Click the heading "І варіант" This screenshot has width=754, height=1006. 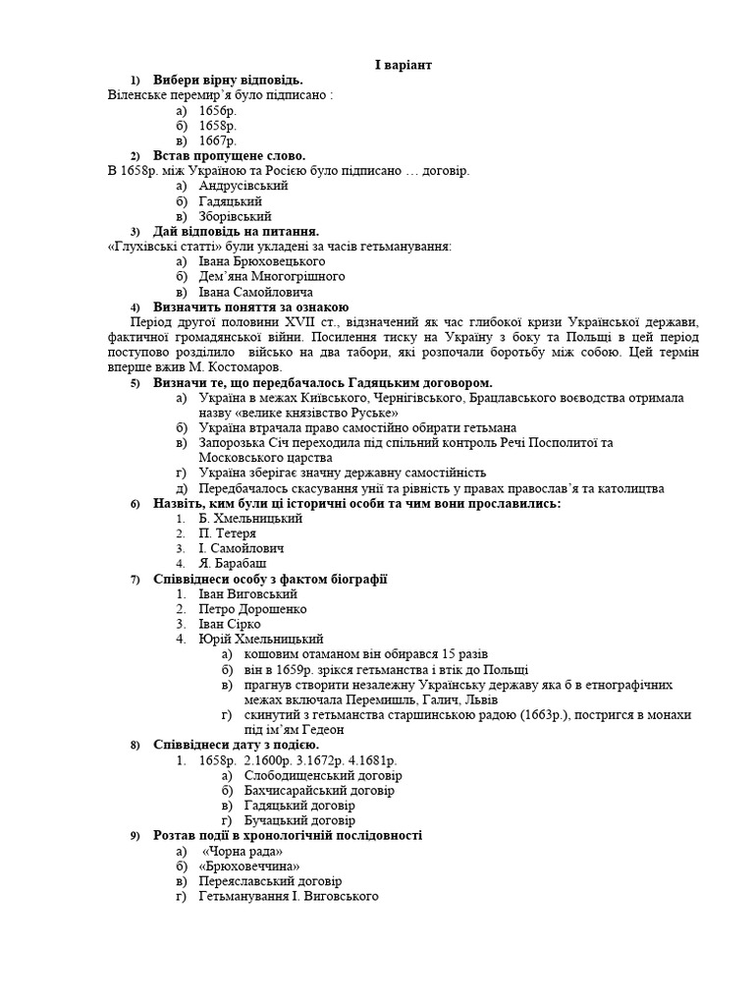[x=403, y=65]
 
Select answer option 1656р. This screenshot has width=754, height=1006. [x=217, y=110]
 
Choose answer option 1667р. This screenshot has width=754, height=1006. [x=217, y=140]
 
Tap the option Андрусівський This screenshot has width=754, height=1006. [x=242, y=186]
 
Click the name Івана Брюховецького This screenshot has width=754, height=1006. [x=261, y=261]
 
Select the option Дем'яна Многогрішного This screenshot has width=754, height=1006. [x=272, y=277]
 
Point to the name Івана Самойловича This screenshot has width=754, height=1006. [x=255, y=292]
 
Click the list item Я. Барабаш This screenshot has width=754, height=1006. [x=232, y=564]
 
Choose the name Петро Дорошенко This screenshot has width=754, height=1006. [x=252, y=609]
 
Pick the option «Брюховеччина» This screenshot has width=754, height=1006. [x=247, y=866]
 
